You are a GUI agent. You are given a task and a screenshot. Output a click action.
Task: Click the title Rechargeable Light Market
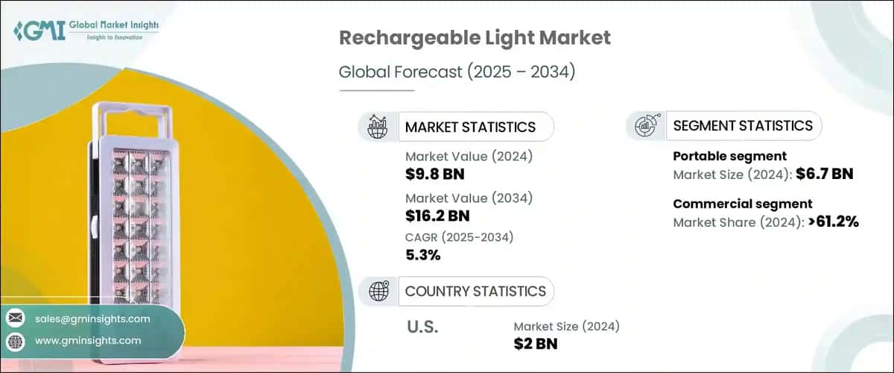tap(475, 38)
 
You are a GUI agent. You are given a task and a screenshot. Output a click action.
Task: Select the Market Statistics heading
tap(469, 127)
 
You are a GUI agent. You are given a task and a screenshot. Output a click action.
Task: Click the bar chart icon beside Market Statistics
tap(378, 127)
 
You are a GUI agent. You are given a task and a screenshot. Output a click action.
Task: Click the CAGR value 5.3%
tap(422, 255)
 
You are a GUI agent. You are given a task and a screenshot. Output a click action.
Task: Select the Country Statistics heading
tap(475, 291)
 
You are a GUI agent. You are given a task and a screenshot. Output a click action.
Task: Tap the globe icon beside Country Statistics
tap(378, 291)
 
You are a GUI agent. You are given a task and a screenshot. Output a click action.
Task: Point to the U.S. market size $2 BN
tap(535, 343)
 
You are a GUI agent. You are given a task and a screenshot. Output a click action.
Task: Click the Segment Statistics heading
tap(742, 126)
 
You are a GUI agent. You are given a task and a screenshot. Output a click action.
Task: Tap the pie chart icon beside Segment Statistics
tap(644, 126)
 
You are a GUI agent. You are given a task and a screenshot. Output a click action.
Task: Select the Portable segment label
tap(729, 157)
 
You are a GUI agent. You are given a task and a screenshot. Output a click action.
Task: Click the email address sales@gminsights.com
tap(92, 319)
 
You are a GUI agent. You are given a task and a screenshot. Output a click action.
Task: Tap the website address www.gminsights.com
tap(87, 340)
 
